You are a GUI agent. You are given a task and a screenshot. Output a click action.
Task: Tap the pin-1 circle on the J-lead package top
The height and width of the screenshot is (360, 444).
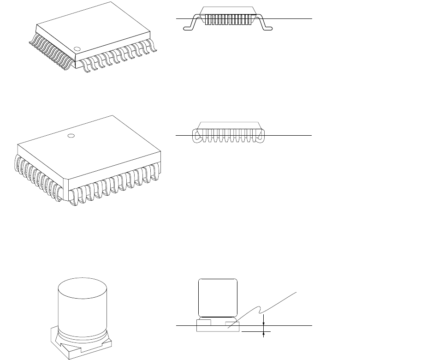[x=71, y=135]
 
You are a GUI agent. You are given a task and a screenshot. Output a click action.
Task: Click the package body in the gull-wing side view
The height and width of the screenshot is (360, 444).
[x=228, y=11]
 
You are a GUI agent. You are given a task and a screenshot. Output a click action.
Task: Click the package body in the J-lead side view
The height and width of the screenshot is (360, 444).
[x=228, y=125]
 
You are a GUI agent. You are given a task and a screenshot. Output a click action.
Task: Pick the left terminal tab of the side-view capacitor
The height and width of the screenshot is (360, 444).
[x=204, y=321]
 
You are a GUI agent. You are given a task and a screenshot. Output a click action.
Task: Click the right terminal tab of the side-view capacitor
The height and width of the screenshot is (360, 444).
[x=232, y=323]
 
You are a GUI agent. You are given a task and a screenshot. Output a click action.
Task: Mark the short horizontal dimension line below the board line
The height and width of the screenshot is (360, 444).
[x=256, y=331]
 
